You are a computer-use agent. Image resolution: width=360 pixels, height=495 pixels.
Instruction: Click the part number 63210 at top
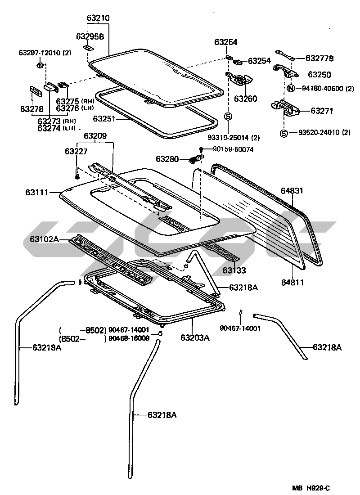coord(98,18)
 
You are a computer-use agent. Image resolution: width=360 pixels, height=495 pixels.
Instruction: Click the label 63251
coord(104,119)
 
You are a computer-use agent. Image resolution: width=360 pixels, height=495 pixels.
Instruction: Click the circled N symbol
coord(291,88)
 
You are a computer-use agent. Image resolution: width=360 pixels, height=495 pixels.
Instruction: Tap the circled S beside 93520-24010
coord(283,133)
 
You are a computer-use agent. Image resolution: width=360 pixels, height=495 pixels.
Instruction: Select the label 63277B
coord(319,58)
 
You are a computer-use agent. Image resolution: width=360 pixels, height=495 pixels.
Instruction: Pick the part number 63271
coord(311,109)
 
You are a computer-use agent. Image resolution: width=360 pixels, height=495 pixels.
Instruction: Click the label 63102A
coord(44,239)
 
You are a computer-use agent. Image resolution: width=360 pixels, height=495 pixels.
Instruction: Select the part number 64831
coord(293,191)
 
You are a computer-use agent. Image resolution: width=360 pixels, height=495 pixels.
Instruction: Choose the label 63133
coord(234,270)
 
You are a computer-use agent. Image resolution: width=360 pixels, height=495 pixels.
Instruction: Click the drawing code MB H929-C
coord(313,487)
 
